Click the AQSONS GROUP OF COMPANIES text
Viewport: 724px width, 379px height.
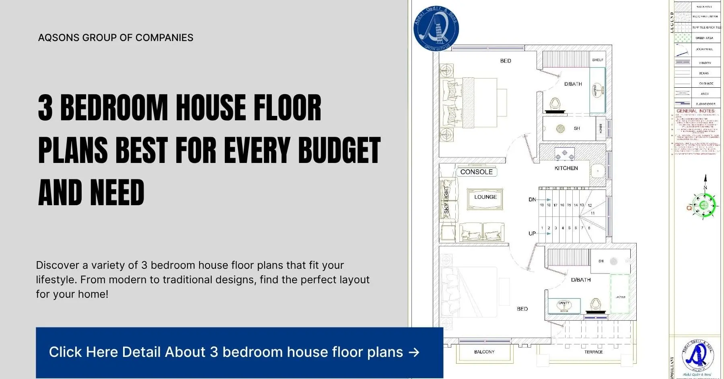[x=115, y=38]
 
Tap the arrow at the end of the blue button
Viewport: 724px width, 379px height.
[x=414, y=352]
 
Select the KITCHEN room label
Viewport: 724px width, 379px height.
[x=566, y=168]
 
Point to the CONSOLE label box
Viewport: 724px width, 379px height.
[x=476, y=172]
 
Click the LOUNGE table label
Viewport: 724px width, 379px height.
[x=485, y=197]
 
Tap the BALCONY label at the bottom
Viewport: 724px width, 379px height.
[x=484, y=352]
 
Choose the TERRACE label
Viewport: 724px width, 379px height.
[x=593, y=352]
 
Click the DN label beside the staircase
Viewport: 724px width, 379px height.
[x=532, y=200]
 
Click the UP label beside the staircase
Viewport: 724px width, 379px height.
[x=532, y=233]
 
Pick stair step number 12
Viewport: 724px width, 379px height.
[x=590, y=206]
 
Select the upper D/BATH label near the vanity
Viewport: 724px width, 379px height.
[x=573, y=84]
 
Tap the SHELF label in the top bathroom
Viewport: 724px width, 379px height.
[x=597, y=60]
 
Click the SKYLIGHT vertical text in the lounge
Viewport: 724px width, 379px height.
[x=446, y=200]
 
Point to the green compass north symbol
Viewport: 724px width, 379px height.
[x=704, y=205]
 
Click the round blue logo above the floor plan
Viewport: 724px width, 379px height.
[x=436, y=28]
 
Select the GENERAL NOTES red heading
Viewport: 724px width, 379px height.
[x=695, y=111]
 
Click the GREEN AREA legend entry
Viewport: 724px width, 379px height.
[x=704, y=38]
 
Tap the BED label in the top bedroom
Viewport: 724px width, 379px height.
[x=506, y=61]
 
